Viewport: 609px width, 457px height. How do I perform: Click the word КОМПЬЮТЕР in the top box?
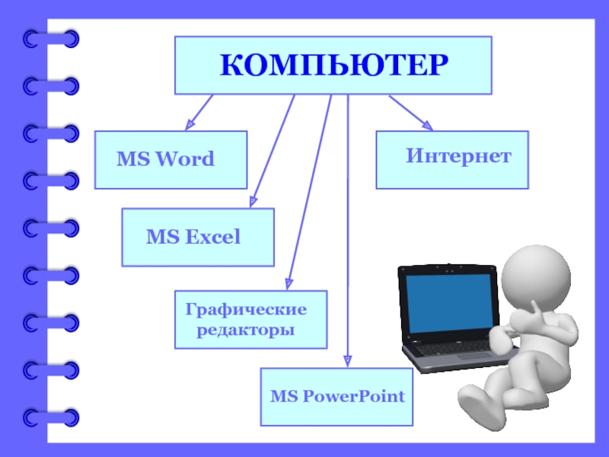(333, 66)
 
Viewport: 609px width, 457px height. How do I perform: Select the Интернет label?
(458, 157)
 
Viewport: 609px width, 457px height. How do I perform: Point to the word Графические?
(246, 310)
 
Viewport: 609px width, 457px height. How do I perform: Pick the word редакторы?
(246, 331)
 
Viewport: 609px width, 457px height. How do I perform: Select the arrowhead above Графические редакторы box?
(289, 283)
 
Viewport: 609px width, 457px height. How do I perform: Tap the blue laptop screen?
(448, 301)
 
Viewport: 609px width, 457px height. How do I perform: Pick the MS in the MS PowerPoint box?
(282, 397)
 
